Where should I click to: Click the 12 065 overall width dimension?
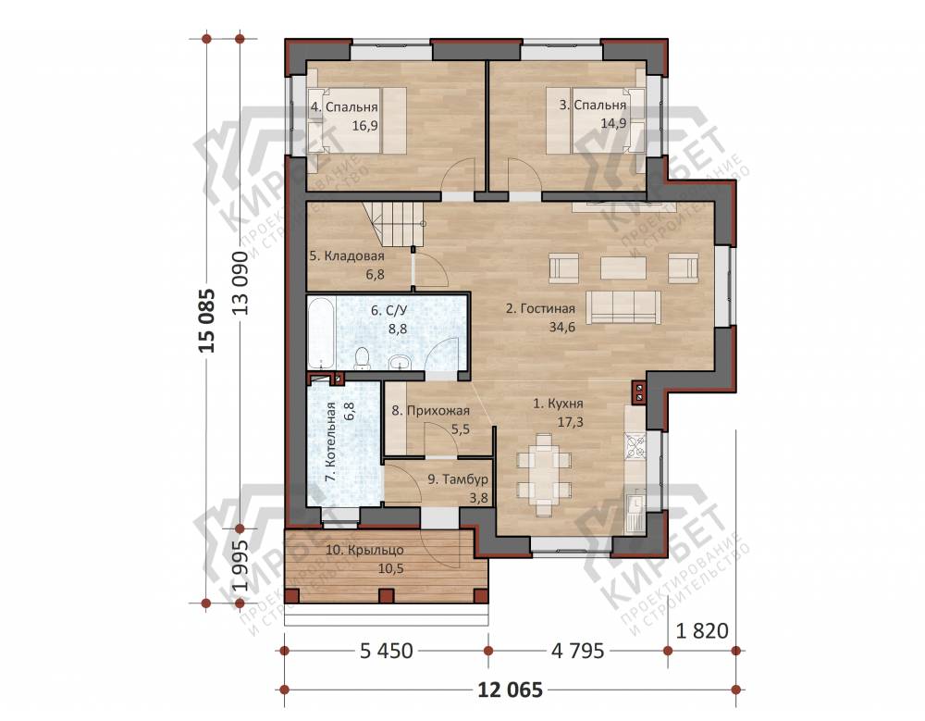pos(511,690)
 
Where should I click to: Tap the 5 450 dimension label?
pos(387,651)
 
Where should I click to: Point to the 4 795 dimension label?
pos(577,651)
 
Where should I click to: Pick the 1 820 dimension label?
pos(702,630)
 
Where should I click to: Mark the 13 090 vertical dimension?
pos(240,283)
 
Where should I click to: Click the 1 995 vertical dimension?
pos(240,566)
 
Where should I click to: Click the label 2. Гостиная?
pos(540,308)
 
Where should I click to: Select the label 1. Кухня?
pos(558,404)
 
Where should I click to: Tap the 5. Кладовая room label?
pos(347,256)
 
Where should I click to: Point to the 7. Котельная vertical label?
pos(331,442)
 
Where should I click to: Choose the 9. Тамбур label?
pos(458,479)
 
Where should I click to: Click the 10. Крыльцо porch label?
pos(364,551)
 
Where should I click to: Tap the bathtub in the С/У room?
pos(321,332)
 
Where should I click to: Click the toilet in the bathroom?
pos(362,358)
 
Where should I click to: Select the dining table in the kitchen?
pos(544,474)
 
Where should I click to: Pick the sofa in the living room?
pos(623,306)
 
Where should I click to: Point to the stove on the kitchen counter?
pos(635,445)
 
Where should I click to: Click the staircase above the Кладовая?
pos(394,224)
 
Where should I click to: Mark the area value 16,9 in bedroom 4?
pos(364,126)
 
